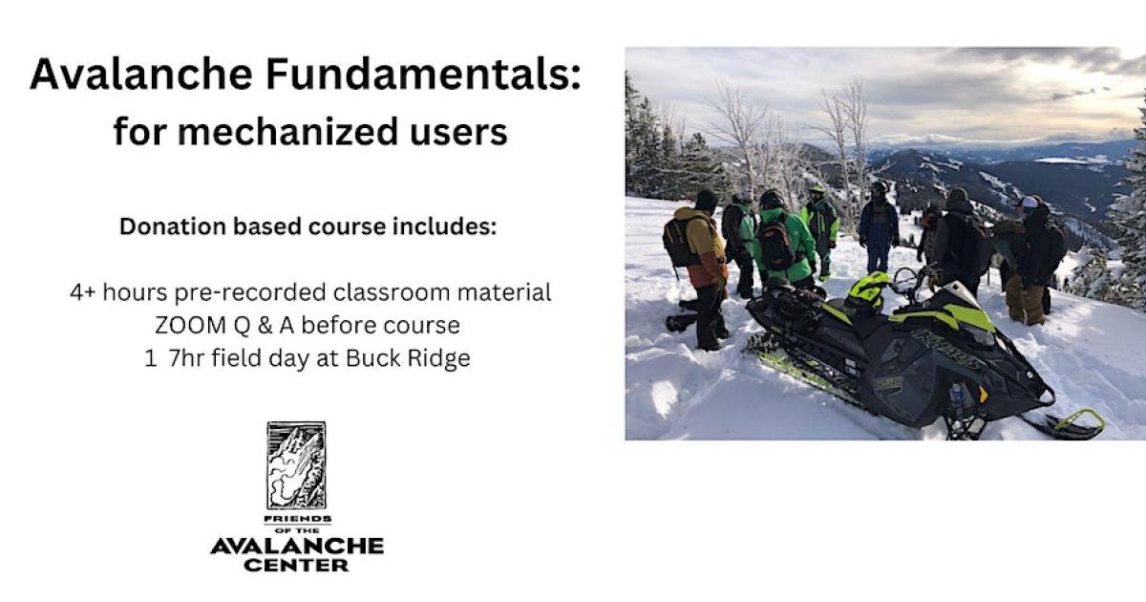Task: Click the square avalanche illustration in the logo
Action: coord(296,465)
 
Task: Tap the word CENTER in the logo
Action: coord(296,565)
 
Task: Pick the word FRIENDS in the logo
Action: coord(296,518)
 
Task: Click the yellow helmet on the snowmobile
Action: coord(868,290)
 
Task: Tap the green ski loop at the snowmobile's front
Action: coord(1078,422)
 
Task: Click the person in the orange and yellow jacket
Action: coord(705,253)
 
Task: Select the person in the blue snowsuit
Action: coord(878,229)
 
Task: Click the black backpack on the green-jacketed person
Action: coord(775,245)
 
